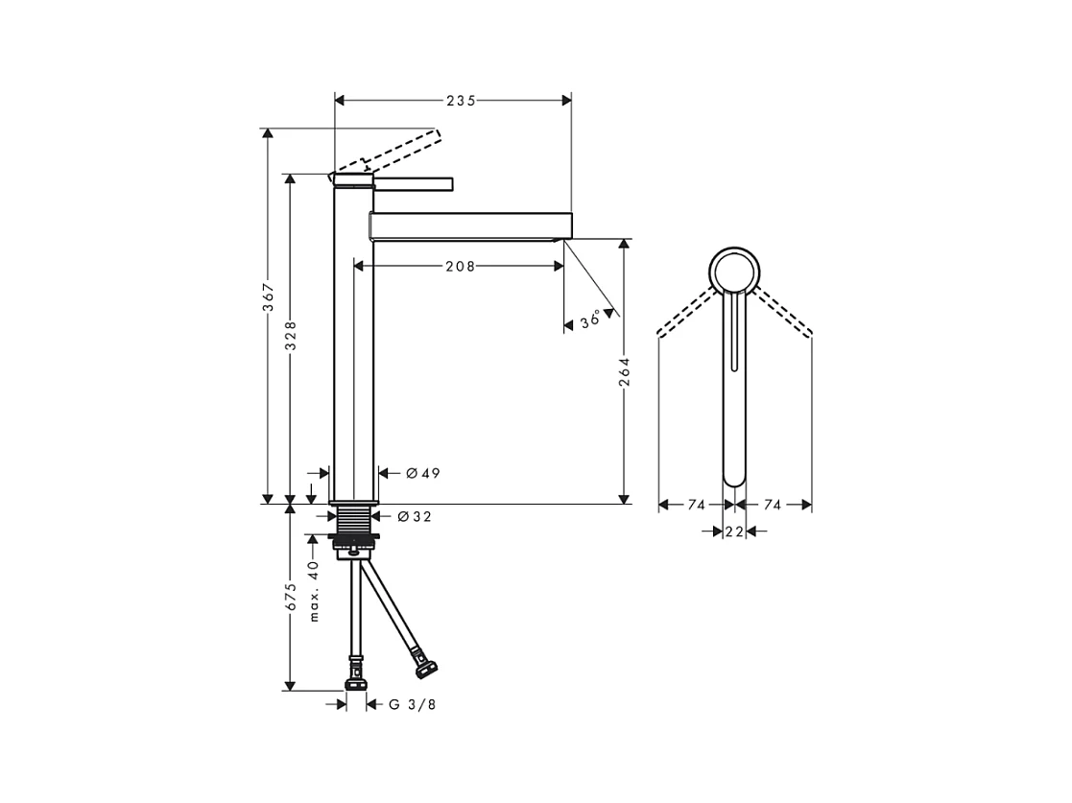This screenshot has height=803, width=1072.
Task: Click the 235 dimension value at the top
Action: (460, 100)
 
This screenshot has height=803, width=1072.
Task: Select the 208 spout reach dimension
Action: (460, 267)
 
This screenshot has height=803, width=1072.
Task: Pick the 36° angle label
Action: (591, 320)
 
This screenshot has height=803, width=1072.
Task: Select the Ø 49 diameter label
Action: (422, 473)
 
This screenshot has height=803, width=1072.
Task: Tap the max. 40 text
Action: (313, 591)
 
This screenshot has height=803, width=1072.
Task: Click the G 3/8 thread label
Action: (412, 704)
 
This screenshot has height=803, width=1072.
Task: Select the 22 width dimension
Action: (734, 531)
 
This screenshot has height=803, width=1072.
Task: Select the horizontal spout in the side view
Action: (470, 225)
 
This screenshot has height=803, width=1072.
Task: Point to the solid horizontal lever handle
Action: (413, 182)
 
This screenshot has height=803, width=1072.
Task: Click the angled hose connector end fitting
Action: (426, 661)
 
